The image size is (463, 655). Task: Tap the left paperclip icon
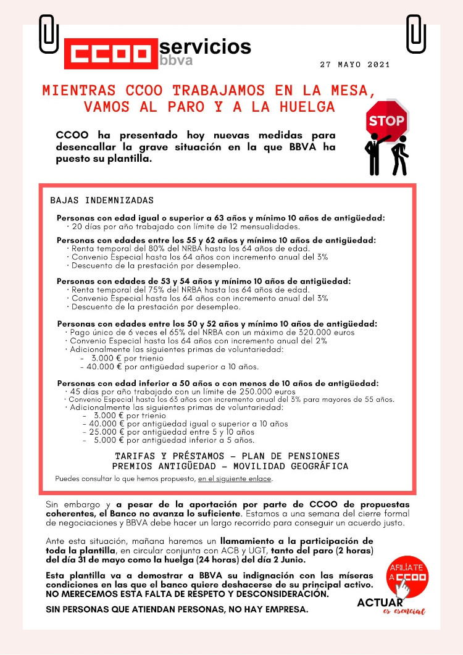tap(49, 33)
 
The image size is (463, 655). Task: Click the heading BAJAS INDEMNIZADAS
tap(101, 201)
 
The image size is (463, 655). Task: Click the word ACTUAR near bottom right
tap(380, 603)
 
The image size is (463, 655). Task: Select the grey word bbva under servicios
tap(176, 60)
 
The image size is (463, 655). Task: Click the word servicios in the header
tap(205, 46)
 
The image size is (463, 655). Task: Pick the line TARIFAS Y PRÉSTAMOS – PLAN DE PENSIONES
tap(227, 456)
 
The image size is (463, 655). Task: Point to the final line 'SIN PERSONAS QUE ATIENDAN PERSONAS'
tap(177, 609)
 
